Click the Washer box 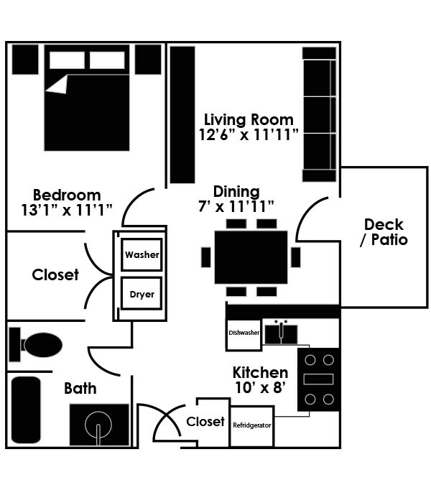coord(142,254)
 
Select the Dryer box coord(142,293)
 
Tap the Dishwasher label coord(244,333)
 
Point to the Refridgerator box coord(252,426)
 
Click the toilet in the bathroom coord(35,345)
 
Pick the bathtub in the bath coord(26,410)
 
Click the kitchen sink coord(281,333)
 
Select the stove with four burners coord(318,379)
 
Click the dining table coord(251,257)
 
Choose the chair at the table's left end coord(206,257)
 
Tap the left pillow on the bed coord(67,60)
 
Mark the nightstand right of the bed coord(148,60)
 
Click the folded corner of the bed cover coord(58,86)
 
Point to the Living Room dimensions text coord(249,135)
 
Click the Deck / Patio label coord(384,232)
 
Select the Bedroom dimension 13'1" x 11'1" coord(67,211)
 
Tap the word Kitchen coord(260,373)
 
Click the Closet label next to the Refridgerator coord(205,422)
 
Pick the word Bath coord(80,389)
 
